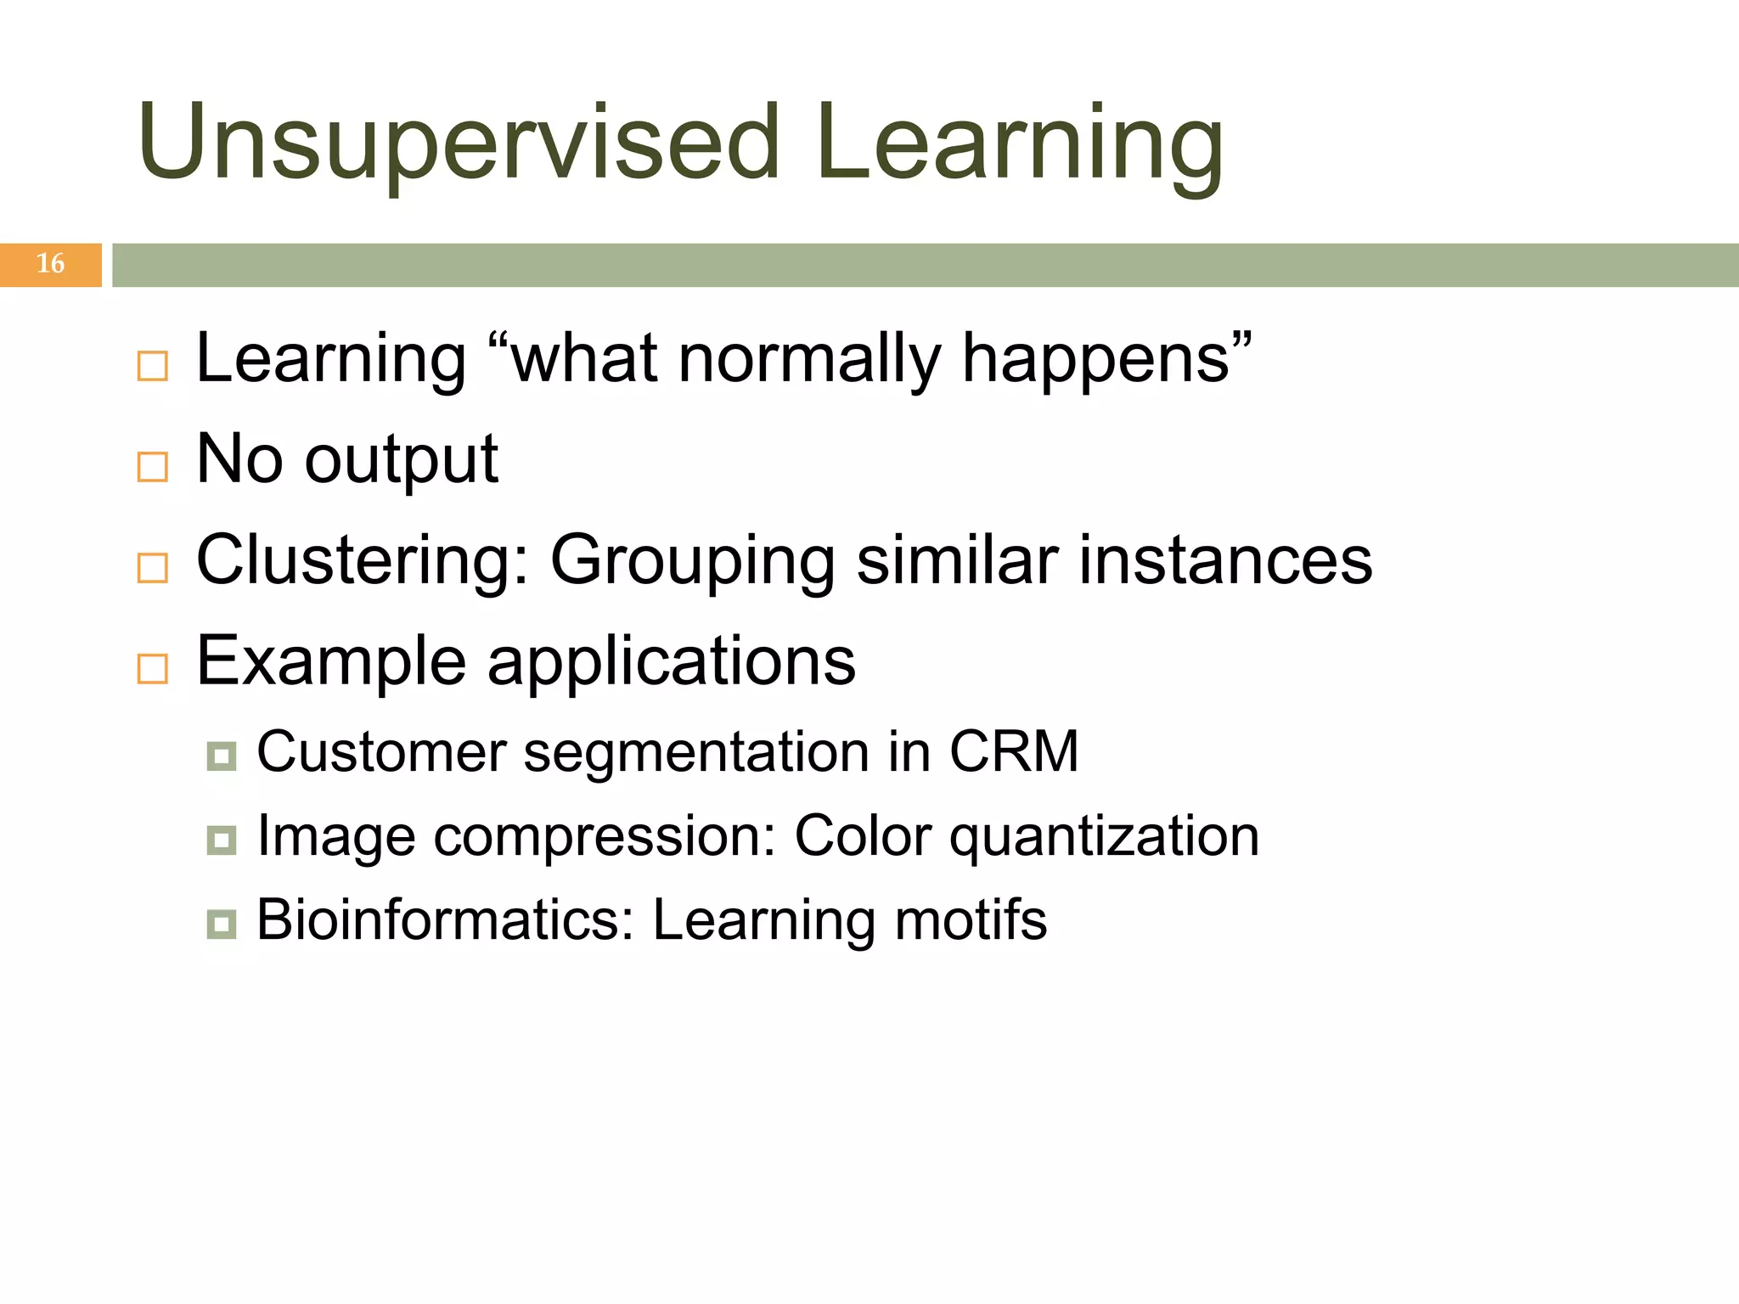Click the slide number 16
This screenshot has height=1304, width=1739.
(x=50, y=264)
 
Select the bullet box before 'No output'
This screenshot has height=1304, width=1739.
(x=153, y=466)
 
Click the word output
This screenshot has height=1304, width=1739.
(x=401, y=461)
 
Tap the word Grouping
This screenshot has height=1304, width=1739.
(x=692, y=561)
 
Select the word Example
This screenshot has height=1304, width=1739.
(x=330, y=661)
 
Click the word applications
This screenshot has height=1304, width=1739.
(x=671, y=661)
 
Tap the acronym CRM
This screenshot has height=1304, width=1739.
(x=1014, y=752)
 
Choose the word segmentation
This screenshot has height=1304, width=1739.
(x=696, y=754)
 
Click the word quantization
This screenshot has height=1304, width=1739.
(x=1104, y=838)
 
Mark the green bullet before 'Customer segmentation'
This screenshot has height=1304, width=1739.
(x=222, y=756)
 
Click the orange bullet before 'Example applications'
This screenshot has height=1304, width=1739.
(x=153, y=669)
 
